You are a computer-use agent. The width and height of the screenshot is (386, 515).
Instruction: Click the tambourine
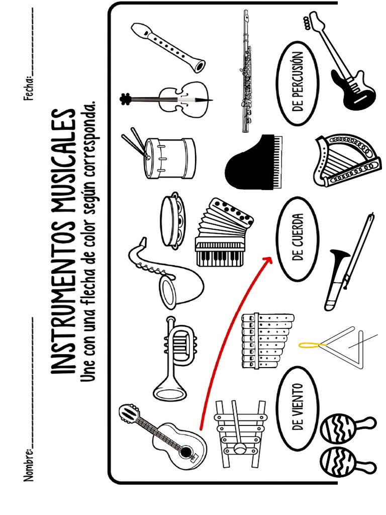coord(173,219)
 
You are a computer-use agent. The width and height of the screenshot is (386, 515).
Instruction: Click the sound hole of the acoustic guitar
coord(186,452)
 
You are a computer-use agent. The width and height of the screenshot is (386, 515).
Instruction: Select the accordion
coord(223,232)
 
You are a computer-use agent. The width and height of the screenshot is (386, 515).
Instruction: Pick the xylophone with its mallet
coord(240,434)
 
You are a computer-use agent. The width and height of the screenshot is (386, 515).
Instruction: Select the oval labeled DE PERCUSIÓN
coord(298,83)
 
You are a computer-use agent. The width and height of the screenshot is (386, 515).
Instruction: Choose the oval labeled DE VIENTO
coord(298,408)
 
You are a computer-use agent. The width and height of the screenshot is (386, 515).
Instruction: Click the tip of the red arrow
coord(272,258)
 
